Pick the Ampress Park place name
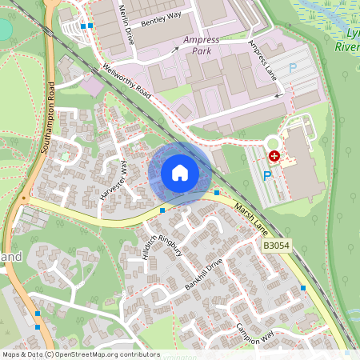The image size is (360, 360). coord(200,45)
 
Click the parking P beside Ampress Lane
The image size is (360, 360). coord(292,69)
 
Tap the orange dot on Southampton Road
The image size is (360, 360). coord(24,197)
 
